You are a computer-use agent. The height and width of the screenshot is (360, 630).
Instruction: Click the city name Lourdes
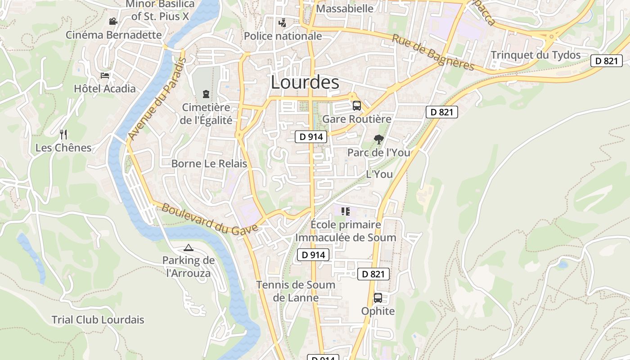305,82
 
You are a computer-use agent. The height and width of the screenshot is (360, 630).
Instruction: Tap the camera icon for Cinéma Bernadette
113,21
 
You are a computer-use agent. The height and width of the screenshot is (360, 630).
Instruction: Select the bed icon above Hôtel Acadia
105,75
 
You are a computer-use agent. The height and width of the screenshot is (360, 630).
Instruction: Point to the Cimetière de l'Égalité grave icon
206,94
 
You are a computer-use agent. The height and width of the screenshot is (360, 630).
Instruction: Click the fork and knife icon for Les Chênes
63,134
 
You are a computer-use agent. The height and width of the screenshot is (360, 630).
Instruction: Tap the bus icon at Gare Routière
356,106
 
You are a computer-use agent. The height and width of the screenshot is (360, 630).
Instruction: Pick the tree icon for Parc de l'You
379,139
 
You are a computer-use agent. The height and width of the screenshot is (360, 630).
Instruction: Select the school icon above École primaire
345,211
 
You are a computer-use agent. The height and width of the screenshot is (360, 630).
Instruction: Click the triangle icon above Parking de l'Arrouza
188,247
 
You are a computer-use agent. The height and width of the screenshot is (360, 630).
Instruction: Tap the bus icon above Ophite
378,298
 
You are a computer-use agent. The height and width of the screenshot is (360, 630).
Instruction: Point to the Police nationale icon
283,22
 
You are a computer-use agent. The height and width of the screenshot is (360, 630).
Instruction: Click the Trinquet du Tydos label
535,55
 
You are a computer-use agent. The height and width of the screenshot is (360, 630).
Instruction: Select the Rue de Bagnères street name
433,52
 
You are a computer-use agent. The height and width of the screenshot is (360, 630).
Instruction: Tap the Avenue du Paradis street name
157,99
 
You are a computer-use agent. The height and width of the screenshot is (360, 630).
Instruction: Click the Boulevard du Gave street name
209,218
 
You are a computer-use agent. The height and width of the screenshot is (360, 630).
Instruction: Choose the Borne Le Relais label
209,163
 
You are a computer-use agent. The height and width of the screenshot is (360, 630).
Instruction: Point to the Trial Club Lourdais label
98,320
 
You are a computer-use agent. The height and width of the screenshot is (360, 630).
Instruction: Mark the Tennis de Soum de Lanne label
296,291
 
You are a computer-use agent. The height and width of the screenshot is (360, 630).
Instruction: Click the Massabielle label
345,9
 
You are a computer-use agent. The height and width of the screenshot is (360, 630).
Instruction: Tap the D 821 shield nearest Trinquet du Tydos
606,61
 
